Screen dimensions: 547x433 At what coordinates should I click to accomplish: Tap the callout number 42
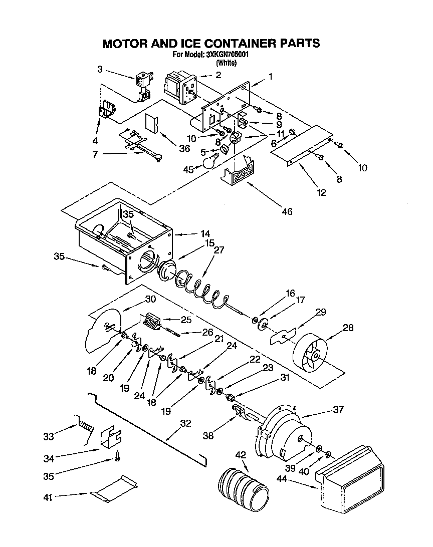pyautogui.click(x=241, y=455)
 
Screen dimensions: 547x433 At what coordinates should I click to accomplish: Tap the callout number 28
pyautogui.click(x=347, y=328)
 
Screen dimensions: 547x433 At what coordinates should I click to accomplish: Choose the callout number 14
pyautogui.click(x=192, y=233)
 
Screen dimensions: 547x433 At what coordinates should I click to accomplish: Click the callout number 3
pyautogui.click(x=100, y=69)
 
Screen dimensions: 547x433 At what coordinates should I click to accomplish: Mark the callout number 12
pyautogui.click(x=321, y=192)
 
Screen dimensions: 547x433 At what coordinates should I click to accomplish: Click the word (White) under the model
pyautogui.click(x=226, y=63)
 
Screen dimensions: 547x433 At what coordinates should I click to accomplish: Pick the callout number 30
pyautogui.click(x=150, y=299)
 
